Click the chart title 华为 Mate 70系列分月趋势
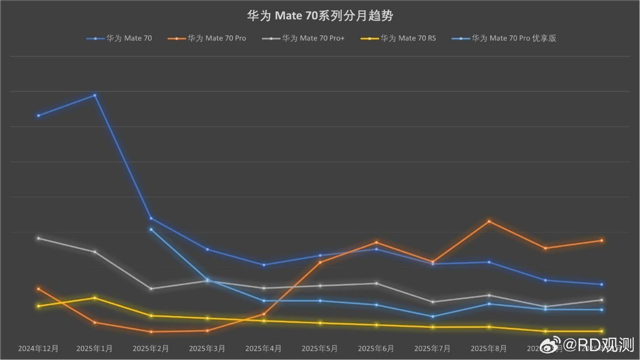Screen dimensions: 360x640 319,16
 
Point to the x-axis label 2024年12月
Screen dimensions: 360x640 38,348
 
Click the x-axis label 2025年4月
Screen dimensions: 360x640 263,348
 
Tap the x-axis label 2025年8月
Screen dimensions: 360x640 489,348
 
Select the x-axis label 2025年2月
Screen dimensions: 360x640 151,348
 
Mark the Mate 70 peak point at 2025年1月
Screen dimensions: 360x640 95,95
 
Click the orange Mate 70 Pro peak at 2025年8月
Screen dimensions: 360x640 489,221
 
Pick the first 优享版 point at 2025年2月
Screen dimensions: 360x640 151,229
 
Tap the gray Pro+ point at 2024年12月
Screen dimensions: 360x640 38,238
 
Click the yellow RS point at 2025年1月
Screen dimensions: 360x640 95,298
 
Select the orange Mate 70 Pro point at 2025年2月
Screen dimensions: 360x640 151,332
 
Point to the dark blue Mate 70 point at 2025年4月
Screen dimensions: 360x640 263,265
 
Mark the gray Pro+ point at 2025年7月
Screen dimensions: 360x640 433,302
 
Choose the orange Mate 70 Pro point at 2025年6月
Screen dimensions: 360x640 376,242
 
